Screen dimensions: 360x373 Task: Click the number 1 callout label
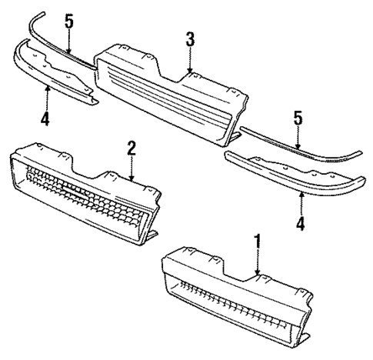(258, 242)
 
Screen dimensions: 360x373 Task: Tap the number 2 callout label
(132, 147)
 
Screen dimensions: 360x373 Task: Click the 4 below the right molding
(301, 224)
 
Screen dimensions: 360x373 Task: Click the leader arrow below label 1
(258, 265)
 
